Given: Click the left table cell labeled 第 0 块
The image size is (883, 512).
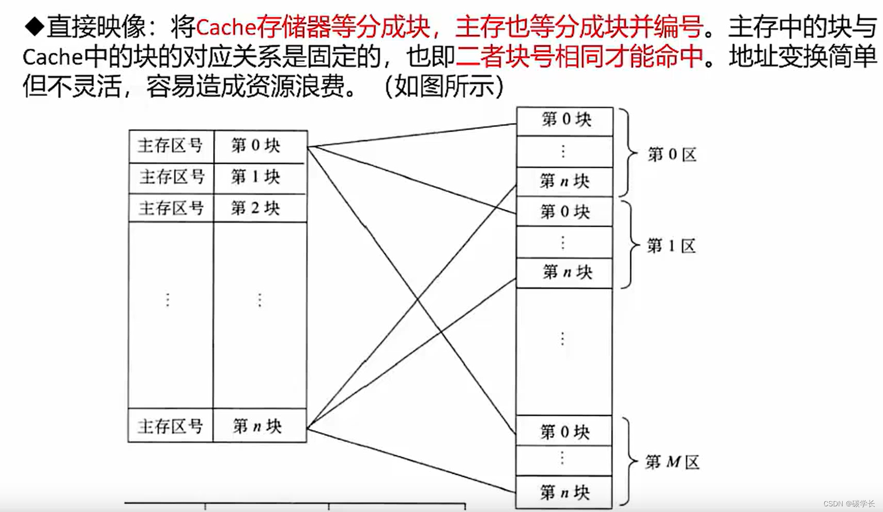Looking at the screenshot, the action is tap(260, 146).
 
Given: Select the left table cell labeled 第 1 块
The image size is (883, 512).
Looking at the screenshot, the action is tap(260, 178).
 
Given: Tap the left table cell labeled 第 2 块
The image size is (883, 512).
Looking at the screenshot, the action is tap(260, 208).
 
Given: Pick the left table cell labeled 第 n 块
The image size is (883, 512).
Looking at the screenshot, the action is tap(260, 426).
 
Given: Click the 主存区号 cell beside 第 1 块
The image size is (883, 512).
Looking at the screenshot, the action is tap(171, 178).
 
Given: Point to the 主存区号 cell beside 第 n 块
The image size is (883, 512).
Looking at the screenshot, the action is tap(171, 426).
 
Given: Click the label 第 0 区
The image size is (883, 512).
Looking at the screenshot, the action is tap(672, 154).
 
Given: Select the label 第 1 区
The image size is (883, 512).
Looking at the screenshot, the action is tap(672, 245).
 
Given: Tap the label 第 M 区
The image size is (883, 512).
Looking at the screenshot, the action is tap(672, 461).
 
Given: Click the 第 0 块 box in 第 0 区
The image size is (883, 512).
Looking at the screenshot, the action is tap(565, 120).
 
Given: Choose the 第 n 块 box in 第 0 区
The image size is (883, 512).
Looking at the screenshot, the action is tap(565, 181).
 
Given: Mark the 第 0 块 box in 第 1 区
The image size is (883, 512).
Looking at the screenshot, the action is tap(565, 212).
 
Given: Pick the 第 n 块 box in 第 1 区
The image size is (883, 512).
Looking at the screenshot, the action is tap(565, 272).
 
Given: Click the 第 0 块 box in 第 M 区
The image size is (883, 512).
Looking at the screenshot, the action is tap(565, 431).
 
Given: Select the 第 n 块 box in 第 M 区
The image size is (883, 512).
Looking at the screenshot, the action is tap(565, 492).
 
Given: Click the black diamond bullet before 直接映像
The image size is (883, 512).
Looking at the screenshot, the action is tap(34, 26).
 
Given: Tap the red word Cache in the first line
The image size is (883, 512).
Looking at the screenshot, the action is tap(225, 27).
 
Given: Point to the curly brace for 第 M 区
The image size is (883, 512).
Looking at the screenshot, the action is tap(628, 461).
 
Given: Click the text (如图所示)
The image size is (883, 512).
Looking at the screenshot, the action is tap(444, 87).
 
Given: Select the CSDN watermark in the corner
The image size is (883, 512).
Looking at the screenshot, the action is tap(848, 503).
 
